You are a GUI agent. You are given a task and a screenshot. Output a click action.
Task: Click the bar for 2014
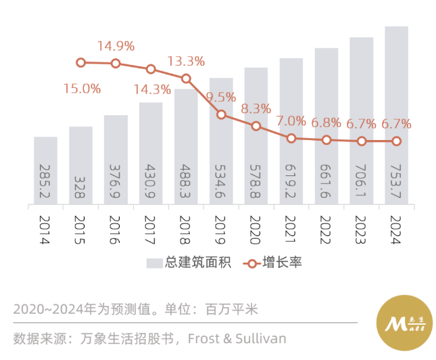coord(45,171)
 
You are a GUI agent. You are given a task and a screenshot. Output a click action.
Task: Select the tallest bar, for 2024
coord(396,115)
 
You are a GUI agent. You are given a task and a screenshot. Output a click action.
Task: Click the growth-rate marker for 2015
coord(81,62)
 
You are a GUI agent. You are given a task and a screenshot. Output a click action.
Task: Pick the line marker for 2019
coord(221,114)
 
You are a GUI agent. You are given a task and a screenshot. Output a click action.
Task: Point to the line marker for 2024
coord(396,141)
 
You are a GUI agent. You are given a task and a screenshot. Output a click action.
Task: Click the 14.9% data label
coord(116,47)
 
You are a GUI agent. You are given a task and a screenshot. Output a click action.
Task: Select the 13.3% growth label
coord(186,62)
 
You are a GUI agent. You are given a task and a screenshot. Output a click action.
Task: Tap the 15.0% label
coord(82,89)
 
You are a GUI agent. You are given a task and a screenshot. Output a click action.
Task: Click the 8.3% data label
coord(256,108)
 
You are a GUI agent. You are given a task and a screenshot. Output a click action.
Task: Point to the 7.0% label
coord(291,122)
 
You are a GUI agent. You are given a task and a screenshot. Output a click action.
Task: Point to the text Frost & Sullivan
coord(237,338)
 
